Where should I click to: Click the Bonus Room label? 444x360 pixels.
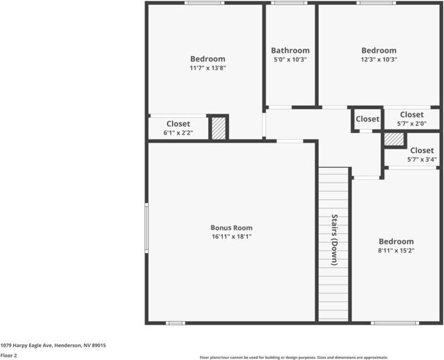231,228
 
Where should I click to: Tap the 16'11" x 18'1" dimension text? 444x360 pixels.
231,237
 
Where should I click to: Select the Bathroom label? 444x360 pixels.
290,50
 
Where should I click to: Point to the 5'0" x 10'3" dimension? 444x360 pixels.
290,59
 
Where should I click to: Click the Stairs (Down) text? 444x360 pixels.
334,240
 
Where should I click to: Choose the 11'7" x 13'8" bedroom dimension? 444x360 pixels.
207,68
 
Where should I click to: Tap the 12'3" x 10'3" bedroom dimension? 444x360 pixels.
378,59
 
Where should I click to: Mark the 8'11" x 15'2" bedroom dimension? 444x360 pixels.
396,250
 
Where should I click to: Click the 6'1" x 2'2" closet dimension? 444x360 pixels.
178,132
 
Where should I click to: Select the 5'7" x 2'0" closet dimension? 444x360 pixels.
411,124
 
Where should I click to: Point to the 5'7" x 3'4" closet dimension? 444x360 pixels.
422,160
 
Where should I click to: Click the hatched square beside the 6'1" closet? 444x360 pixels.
219,128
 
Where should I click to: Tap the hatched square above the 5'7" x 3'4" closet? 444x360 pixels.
394,139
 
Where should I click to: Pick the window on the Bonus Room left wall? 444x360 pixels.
146,228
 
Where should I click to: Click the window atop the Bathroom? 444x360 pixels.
289,3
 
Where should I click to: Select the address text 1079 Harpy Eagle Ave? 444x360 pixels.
53,345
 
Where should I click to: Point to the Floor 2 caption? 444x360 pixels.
9,355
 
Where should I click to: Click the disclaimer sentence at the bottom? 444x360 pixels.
294,358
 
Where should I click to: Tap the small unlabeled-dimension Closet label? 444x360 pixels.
367,119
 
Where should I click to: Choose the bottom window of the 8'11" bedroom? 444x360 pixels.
395,323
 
